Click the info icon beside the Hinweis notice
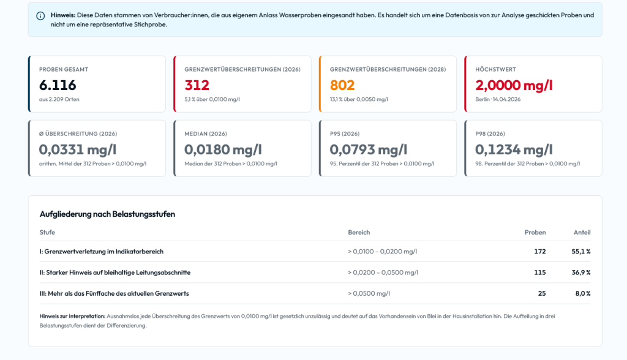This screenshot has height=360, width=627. tap(40, 16)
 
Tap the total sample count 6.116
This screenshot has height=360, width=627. tap(58, 85)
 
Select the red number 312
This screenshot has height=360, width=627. tap(197, 85)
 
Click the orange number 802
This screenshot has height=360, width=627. tap(342, 85)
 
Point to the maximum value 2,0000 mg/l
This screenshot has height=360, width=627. tap(514, 85)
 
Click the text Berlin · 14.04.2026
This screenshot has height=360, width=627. tap(498, 99)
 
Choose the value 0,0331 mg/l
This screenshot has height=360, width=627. tap(78, 149)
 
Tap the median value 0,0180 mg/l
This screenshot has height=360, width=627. tap(223, 149)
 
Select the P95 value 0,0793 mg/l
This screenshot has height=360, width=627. tap(368, 149)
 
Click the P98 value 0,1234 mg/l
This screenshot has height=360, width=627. tap(514, 149)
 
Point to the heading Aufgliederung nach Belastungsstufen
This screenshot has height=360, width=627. tap(107, 214)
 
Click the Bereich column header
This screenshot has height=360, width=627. tap(359, 233)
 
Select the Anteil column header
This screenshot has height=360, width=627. tap(582, 233)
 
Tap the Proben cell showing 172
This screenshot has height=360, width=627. tap(540, 252)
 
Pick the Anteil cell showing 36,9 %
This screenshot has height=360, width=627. tap(581, 272)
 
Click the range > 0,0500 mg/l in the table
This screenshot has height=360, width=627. tap(369, 293)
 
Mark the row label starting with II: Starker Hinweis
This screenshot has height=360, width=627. tap(115, 272)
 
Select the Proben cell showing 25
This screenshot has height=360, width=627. tap(542, 293)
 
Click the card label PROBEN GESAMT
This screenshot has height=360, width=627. tap(64, 69)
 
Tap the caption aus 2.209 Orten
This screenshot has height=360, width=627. tap(59, 99)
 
